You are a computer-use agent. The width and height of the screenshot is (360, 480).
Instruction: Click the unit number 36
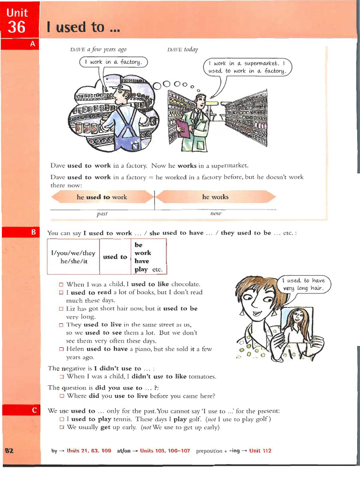click(x=17, y=27)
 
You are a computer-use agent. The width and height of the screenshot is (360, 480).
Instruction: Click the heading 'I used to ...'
click(x=82, y=27)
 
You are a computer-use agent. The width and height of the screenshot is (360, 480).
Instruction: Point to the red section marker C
click(x=34, y=410)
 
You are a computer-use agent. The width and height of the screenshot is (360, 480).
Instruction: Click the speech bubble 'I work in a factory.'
click(x=114, y=62)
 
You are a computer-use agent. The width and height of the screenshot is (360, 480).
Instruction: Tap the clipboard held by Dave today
click(x=183, y=127)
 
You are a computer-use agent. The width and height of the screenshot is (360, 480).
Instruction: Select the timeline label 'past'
click(x=102, y=214)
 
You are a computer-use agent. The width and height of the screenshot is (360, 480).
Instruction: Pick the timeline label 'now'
click(x=216, y=213)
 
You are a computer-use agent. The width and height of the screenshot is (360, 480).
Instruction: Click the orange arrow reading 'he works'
click(x=215, y=197)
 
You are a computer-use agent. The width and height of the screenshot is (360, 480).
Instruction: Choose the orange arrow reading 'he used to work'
click(x=102, y=197)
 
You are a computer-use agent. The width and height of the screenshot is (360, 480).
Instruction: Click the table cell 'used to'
click(x=115, y=257)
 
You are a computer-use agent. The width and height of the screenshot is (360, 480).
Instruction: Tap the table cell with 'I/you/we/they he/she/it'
click(x=73, y=257)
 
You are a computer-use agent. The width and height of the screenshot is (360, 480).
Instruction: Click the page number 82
click(x=9, y=450)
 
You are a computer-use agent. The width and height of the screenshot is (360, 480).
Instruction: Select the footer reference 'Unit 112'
click(x=260, y=451)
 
